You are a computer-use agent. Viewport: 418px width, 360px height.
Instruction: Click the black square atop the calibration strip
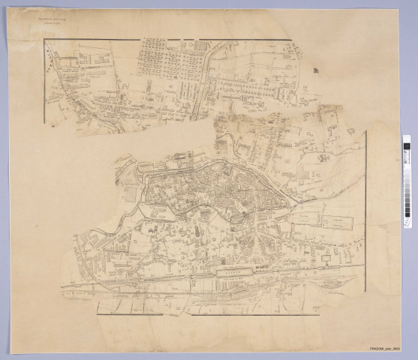[406, 141]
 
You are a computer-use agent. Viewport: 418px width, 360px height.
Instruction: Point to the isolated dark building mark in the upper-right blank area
[315, 71]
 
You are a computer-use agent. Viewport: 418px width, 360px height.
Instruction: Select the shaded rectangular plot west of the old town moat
[132, 193]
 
